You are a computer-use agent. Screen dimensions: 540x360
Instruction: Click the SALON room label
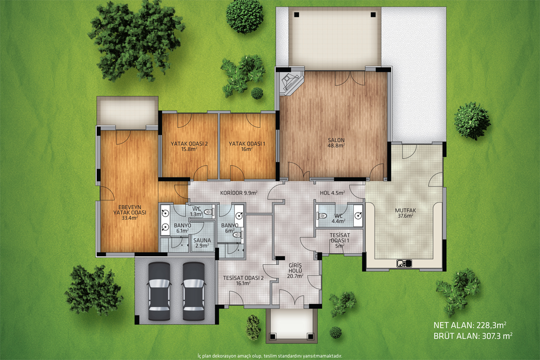336,140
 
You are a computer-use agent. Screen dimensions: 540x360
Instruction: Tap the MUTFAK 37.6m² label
405,213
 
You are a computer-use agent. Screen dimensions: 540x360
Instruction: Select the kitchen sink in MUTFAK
404,263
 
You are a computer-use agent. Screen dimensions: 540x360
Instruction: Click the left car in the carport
159,292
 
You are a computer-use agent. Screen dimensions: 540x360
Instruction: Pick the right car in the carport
194,292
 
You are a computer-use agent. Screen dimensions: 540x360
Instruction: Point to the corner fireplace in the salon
291,82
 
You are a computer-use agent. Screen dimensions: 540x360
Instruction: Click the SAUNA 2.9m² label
202,243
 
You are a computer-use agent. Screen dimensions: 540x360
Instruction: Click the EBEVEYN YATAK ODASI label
130,213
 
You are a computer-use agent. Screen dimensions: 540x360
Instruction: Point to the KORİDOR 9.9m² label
238,193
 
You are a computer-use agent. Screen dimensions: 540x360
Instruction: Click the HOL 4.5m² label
332,193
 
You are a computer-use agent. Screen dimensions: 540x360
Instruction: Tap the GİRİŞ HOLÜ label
295,270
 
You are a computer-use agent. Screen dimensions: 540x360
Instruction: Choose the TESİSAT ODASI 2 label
243,280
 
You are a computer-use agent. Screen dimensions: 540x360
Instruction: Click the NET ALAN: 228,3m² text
470,325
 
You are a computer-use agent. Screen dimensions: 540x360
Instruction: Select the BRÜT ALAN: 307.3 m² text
473,336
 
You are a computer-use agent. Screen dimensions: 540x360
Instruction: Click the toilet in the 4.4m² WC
323,215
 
